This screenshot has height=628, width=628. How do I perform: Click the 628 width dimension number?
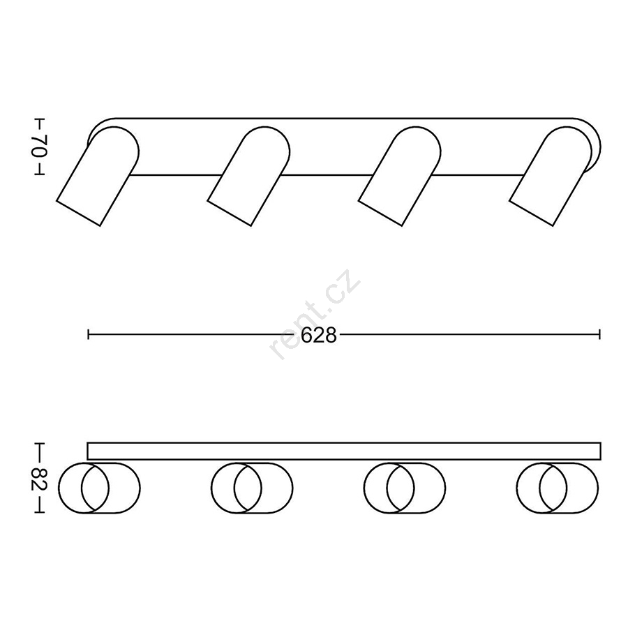[x=319, y=335]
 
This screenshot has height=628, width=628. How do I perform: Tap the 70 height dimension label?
[x=40, y=147]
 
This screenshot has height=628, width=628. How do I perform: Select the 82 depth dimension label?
[x=40, y=477]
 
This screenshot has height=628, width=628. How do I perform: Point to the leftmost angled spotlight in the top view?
[x=98, y=177]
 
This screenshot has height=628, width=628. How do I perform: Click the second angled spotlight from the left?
[x=248, y=177]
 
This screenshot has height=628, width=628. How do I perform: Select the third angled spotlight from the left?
[x=400, y=177]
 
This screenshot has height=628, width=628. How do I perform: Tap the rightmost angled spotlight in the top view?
[x=551, y=177]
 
